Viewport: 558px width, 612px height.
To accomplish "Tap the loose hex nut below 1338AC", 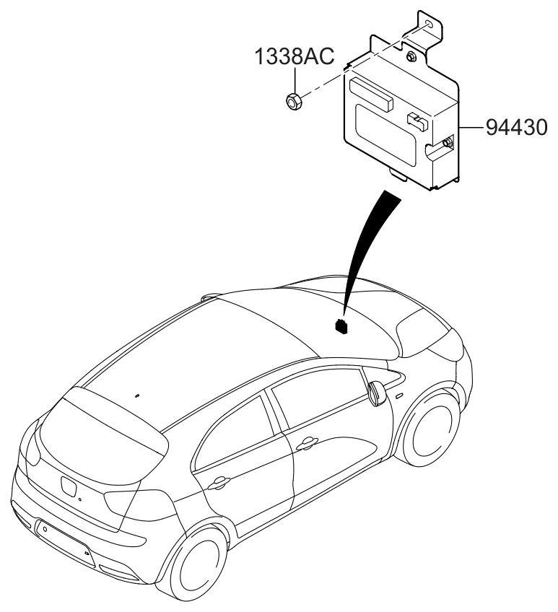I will pos(293,102).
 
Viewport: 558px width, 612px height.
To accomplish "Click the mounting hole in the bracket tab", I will pos(430,25).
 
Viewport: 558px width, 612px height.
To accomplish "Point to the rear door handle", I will pos(219,481).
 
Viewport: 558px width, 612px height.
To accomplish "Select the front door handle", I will pos(308,442).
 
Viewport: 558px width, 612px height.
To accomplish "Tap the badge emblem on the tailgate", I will pos(68,487).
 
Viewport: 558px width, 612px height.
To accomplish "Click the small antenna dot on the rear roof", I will pos(137,395).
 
